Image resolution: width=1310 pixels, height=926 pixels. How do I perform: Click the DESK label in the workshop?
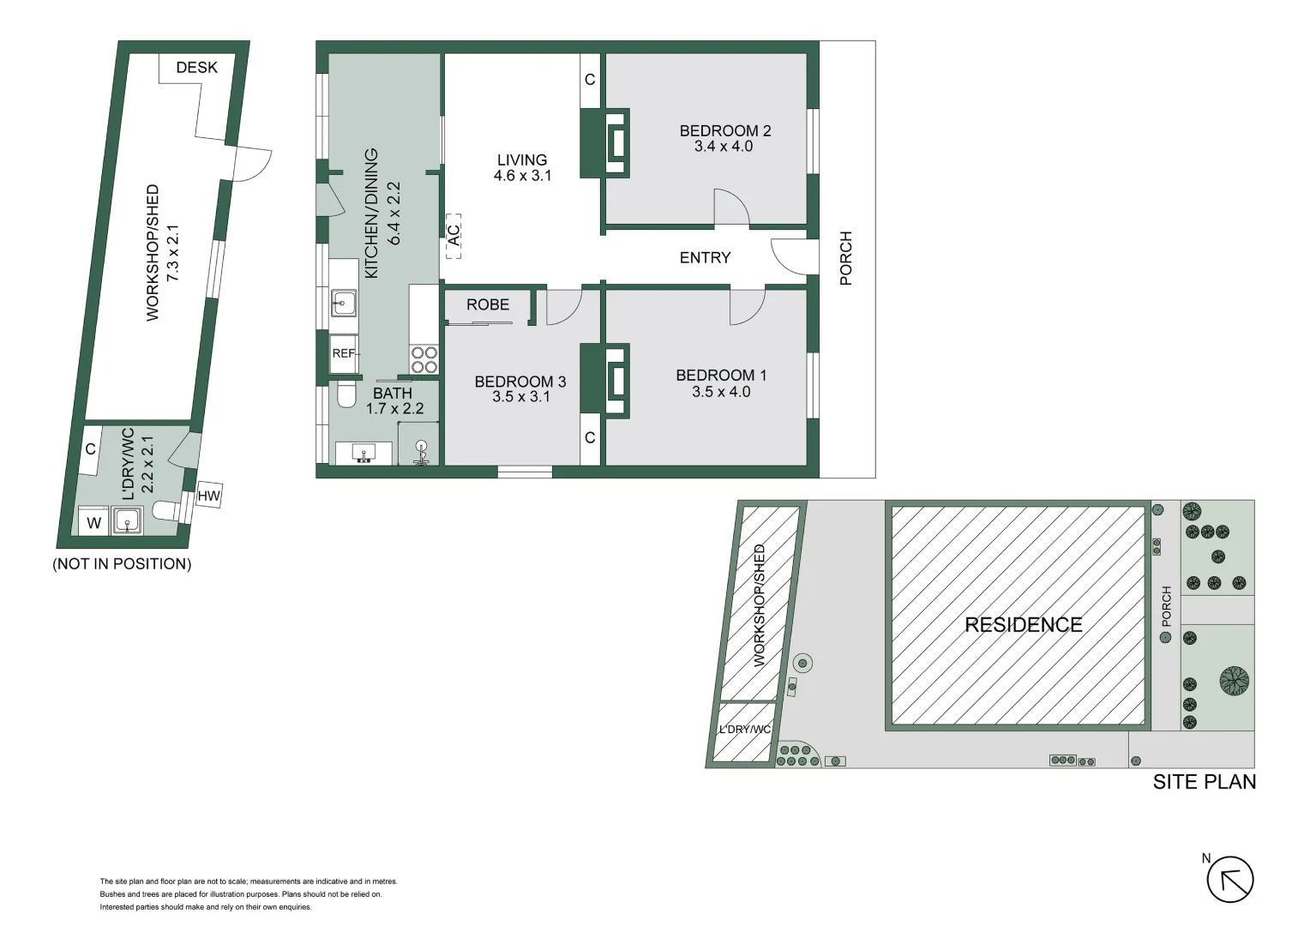(196, 68)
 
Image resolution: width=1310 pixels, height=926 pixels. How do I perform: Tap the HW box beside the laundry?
(208, 496)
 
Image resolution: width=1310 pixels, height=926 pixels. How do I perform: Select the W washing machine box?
(93, 522)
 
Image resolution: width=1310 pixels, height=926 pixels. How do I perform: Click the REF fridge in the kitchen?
(344, 353)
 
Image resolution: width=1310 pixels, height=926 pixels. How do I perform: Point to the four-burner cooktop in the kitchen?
(424, 360)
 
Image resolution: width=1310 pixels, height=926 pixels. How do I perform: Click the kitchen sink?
(344, 301)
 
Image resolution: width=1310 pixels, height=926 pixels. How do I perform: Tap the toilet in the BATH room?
(346, 395)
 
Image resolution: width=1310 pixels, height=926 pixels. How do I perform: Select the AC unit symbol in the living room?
(454, 236)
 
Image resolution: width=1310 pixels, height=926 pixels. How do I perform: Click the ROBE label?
(488, 305)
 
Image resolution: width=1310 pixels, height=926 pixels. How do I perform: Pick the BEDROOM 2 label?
(724, 131)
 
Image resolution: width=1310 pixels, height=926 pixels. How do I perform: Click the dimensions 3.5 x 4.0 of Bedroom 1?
(721, 392)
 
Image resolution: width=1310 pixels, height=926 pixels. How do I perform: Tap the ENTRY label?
(705, 258)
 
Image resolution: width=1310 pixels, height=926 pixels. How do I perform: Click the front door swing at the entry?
(786, 256)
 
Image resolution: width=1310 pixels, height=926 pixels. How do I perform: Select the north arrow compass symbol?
(1230, 881)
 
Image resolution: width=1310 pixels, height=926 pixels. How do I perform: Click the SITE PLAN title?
(1204, 782)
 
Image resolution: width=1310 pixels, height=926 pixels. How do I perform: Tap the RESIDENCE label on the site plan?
(1023, 625)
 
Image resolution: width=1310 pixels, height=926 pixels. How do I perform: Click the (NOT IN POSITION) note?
(122, 564)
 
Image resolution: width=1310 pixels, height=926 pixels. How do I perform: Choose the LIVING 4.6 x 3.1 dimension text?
(522, 176)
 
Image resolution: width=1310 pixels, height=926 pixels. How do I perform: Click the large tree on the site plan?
(1234, 681)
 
